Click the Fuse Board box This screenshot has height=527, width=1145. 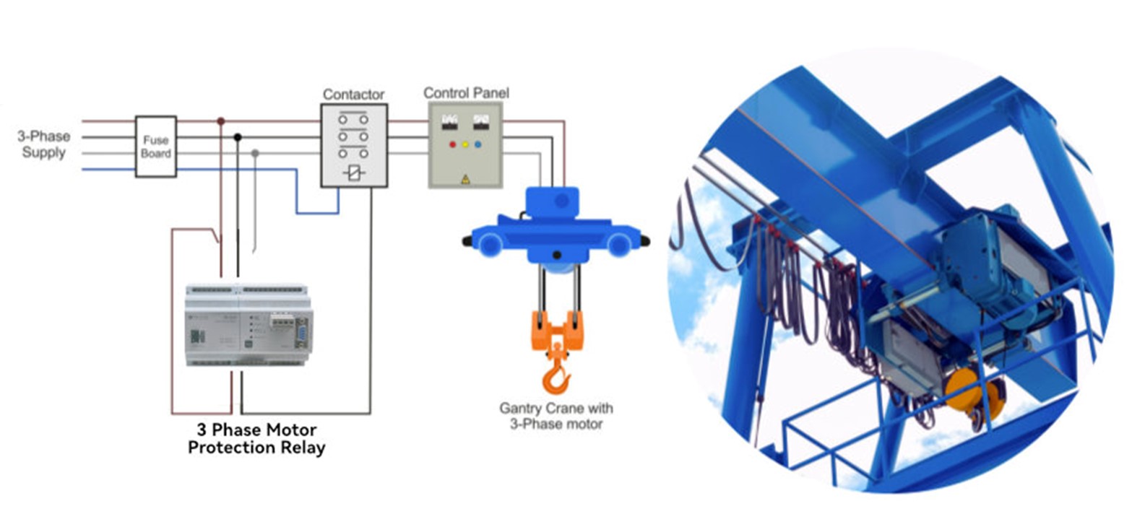156,147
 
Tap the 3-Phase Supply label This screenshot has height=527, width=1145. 44,144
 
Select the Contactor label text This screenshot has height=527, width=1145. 353,95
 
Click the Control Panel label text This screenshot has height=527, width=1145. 466,93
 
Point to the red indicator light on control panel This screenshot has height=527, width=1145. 453,144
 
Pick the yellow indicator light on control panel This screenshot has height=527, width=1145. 465,144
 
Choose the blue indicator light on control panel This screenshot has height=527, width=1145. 478,144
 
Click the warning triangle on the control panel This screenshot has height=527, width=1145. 465,179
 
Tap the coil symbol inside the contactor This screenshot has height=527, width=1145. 353,173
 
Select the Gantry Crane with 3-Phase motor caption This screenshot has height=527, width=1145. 556,416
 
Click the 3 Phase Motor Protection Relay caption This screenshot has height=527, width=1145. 256,438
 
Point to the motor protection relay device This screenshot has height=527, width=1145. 249,326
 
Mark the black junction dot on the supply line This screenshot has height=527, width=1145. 238,137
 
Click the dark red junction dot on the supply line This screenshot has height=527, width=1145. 221,121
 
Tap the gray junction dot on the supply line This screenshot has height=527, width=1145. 255,153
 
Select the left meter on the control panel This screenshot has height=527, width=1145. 450,121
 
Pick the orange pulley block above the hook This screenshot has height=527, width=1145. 556,328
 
